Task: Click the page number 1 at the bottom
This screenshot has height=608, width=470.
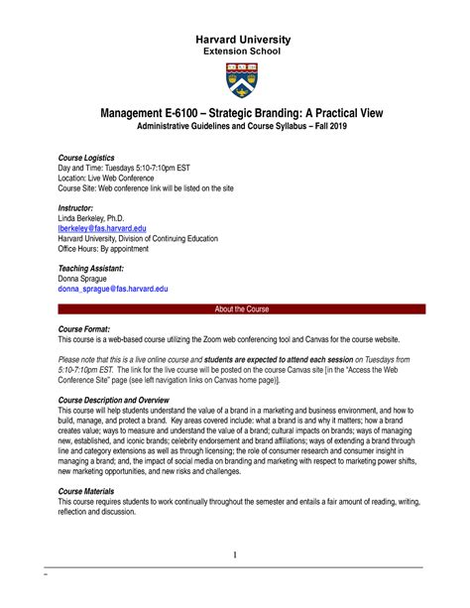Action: point(235,553)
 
